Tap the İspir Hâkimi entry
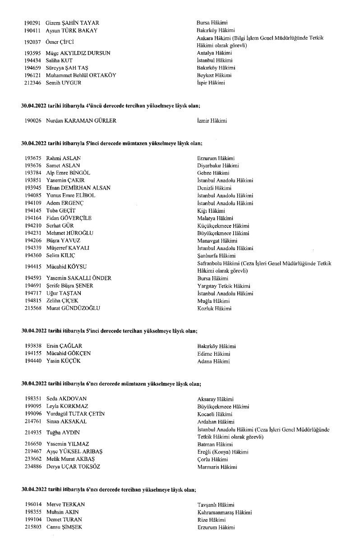click(x=211, y=83)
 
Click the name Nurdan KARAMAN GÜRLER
click(x=81, y=121)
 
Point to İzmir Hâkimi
click(x=212, y=121)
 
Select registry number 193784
click(x=33, y=173)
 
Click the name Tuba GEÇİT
click(x=61, y=211)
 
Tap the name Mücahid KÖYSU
click(x=66, y=267)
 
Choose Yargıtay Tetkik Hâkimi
click(x=224, y=286)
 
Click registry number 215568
click(x=33, y=308)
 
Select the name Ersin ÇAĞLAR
click(x=64, y=346)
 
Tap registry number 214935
click(x=33, y=433)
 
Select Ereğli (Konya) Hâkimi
click(x=223, y=452)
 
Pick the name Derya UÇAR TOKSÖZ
click(x=74, y=467)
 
